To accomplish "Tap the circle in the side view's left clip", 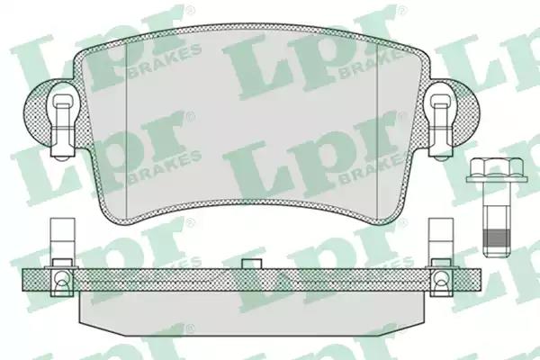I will pos(61,277).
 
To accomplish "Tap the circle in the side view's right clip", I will pos(440,277).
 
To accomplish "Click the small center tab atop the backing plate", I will pos(251,264).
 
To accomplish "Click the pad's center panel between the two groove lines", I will pos(251,135).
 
